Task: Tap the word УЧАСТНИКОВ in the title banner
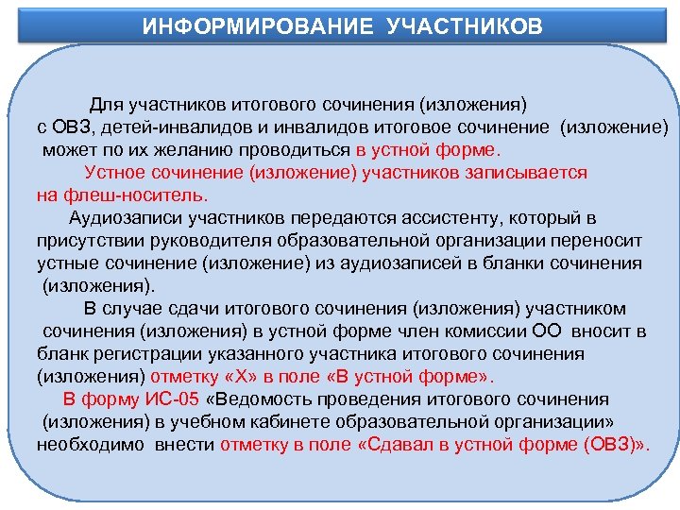click(465, 25)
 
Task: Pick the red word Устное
click(112, 173)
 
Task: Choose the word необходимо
click(79, 445)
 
